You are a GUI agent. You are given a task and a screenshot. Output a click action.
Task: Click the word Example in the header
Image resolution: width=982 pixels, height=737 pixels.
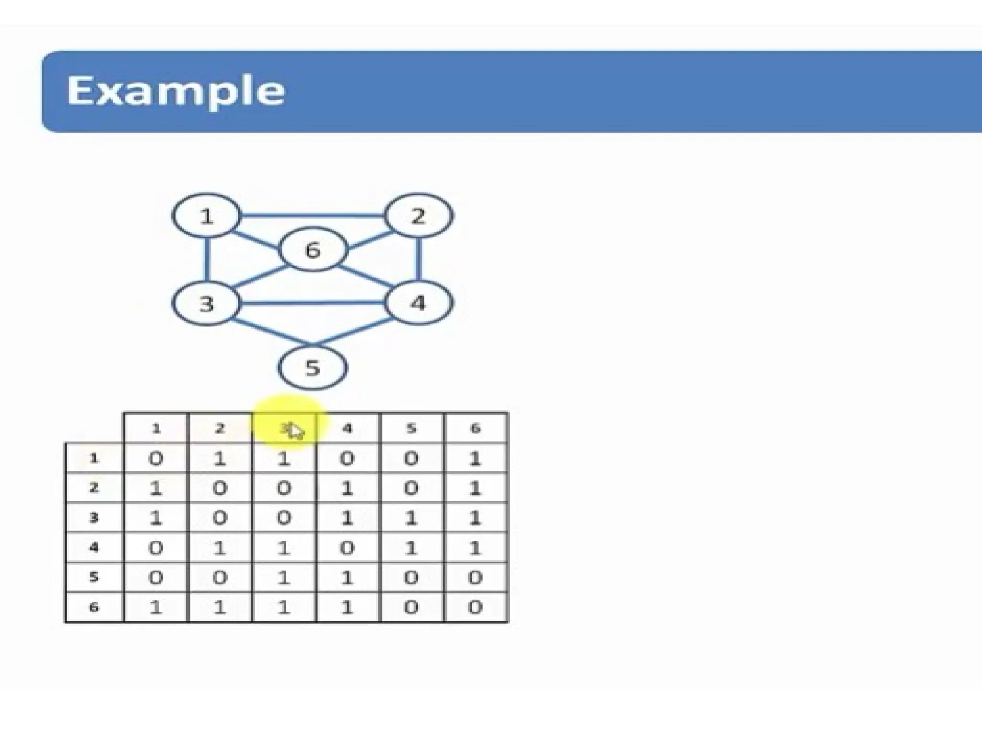(x=175, y=91)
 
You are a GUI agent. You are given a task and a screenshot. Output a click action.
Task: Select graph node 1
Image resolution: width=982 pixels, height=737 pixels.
(x=207, y=216)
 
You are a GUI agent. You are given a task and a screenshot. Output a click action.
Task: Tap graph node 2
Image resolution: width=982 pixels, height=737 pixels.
(x=419, y=216)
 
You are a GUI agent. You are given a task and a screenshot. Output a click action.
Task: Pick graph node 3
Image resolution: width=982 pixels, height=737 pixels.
(x=207, y=303)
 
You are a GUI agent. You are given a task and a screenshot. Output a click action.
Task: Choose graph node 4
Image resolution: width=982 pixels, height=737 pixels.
(x=419, y=303)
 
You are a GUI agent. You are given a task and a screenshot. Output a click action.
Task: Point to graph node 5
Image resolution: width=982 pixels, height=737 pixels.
(x=312, y=368)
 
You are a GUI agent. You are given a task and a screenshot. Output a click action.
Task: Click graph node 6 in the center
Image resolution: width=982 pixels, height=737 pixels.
(x=313, y=250)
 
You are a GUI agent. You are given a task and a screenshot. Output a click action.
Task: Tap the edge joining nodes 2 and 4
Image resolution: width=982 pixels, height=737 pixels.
(x=419, y=259)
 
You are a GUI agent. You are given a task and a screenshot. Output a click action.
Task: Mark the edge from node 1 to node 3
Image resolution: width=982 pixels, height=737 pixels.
(x=207, y=259)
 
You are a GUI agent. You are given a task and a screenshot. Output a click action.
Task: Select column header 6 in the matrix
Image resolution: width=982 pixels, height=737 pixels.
(x=475, y=428)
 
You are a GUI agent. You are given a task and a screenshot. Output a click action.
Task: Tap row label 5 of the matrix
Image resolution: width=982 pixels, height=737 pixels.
(x=94, y=577)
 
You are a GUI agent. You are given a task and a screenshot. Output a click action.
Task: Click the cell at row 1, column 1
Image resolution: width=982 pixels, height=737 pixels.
(x=155, y=459)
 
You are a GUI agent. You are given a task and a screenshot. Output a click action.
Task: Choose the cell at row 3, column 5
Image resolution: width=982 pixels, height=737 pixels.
(x=411, y=518)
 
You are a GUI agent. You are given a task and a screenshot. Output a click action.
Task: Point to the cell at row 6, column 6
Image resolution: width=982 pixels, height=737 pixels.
(x=475, y=607)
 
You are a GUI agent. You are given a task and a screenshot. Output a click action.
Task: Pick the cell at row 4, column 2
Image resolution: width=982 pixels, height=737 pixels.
(x=220, y=547)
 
